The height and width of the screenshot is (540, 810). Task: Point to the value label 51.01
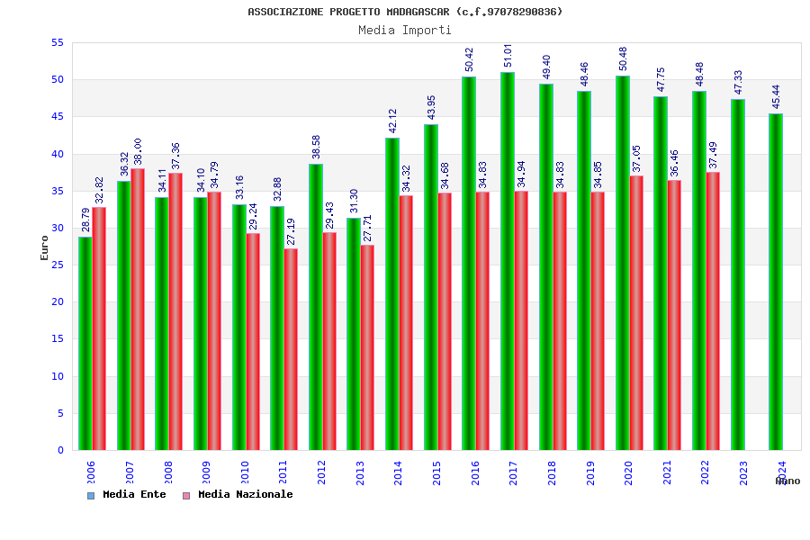(x=508, y=55)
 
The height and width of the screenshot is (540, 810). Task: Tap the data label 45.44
(x=777, y=97)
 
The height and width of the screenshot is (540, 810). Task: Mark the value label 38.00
(x=138, y=151)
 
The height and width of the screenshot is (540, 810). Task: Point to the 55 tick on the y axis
(x=57, y=42)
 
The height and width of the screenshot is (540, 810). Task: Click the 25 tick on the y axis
(x=57, y=265)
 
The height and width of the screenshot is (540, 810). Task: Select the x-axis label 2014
(x=399, y=473)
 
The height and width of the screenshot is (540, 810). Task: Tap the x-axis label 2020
(x=629, y=473)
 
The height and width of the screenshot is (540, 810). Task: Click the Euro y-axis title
(x=45, y=247)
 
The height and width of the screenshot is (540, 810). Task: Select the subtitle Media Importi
(x=405, y=30)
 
